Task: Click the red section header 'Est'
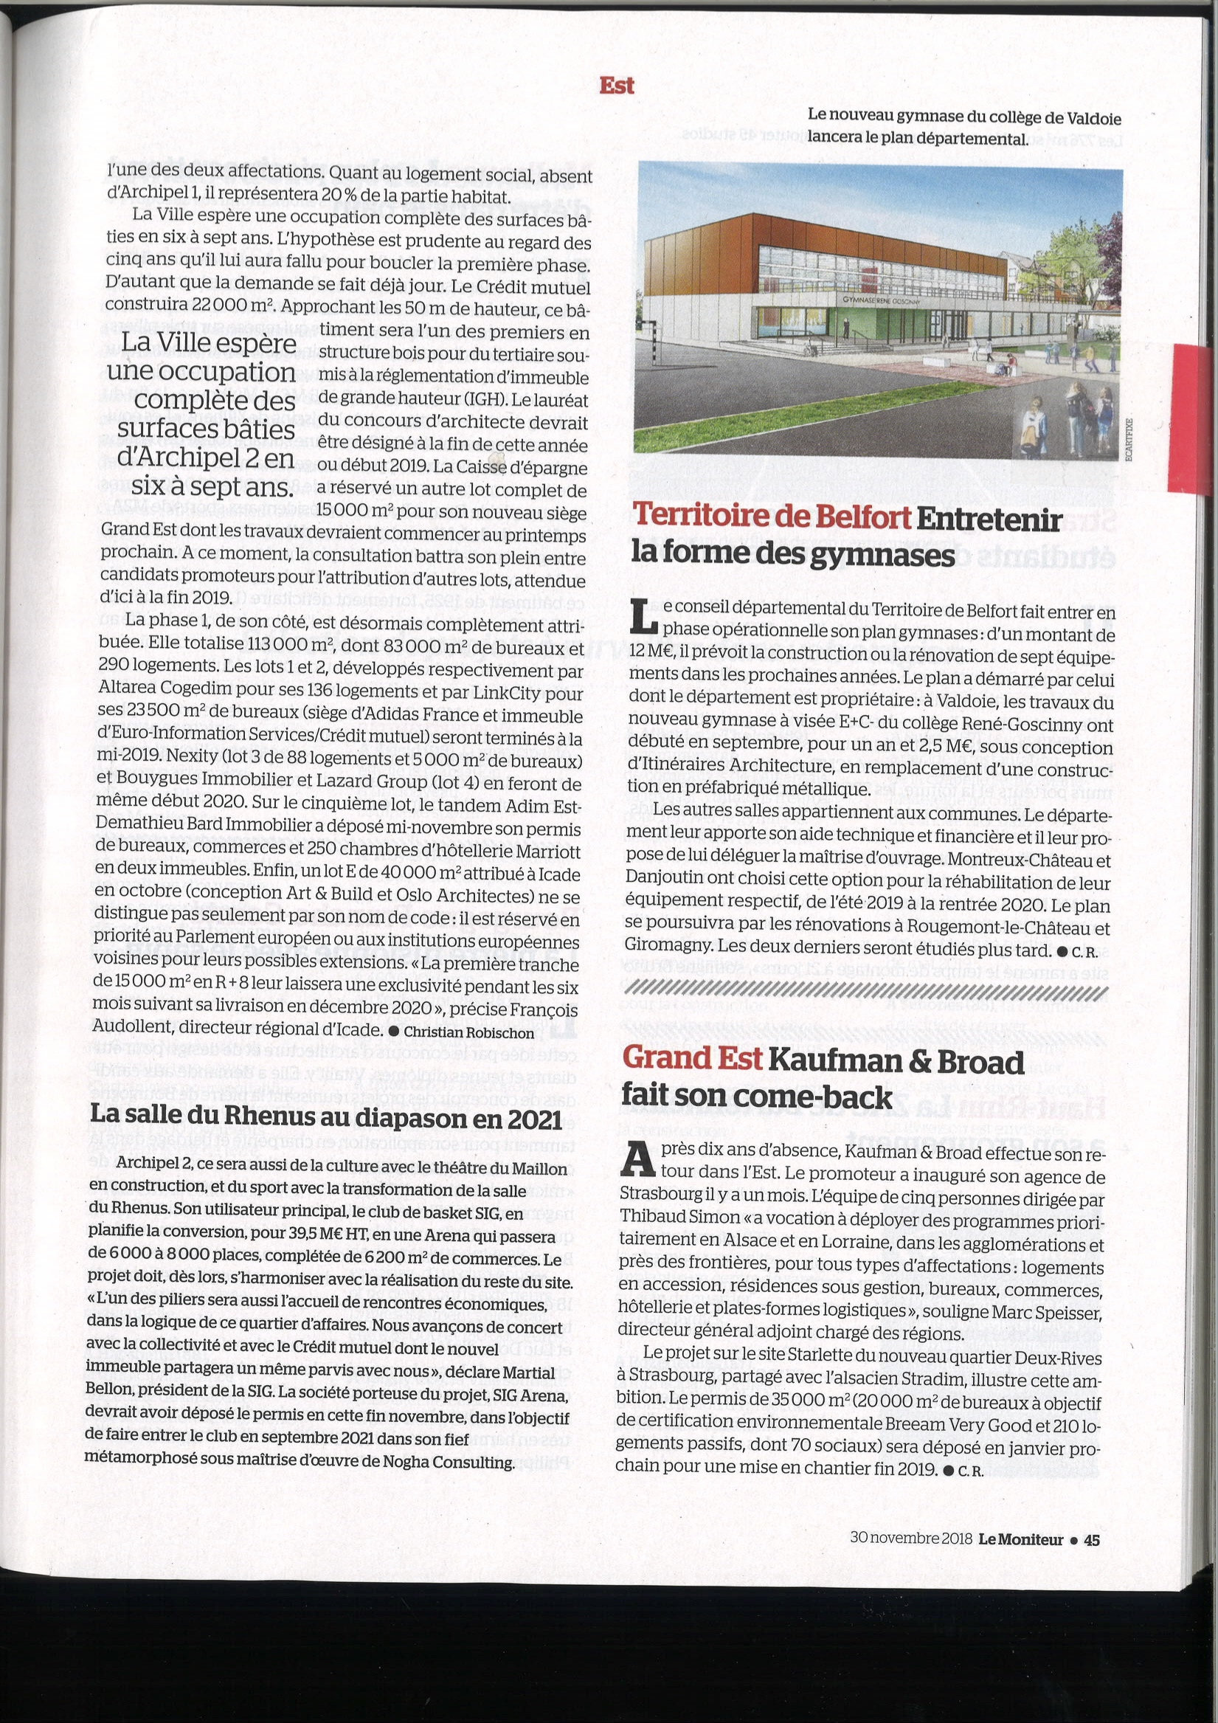tap(617, 86)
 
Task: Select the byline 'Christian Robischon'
tap(468, 1031)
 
